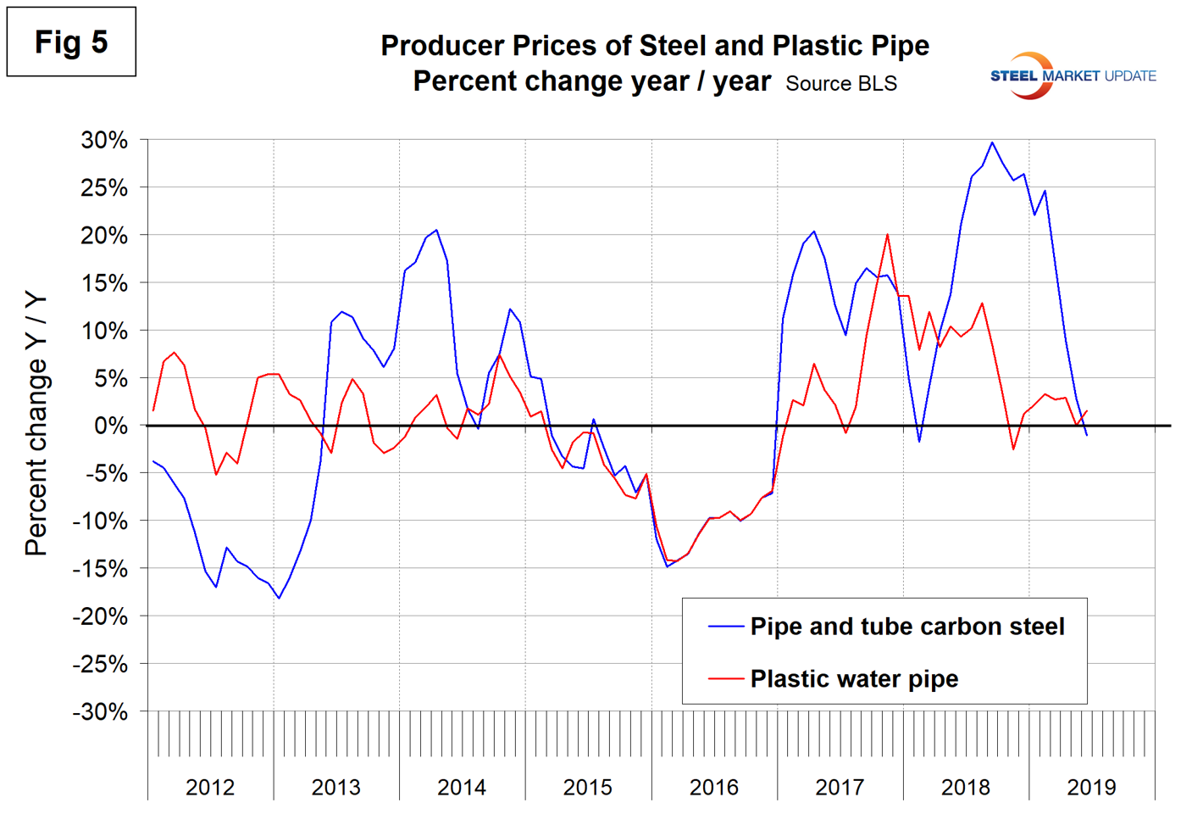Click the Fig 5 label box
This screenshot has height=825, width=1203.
click(x=71, y=42)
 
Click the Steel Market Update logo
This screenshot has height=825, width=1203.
click(x=1073, y=75)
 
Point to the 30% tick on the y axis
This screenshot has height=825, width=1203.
click(x=104, y=140)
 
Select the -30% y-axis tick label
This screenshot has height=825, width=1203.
click(x=100, y=711)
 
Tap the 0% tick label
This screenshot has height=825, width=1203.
click(x=110, y=426)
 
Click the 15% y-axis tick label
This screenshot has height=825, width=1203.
click(x=104, y=283)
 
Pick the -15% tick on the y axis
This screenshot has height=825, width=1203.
click(x=100, y=569)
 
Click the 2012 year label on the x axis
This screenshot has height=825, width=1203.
click(x=210, y=787)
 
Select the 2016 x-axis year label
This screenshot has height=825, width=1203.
click(x=713, y=787)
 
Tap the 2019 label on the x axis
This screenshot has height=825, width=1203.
click(x=1091, y=787)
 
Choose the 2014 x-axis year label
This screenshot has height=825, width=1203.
click(x=462, y=787)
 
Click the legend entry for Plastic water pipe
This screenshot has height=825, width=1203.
click(x=854, y=678)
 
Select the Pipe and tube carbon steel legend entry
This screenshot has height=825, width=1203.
click(x=906, y=627)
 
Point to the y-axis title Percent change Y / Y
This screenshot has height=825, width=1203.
click(x=36, y=424)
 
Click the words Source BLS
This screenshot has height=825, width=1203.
click(x=840, y=84)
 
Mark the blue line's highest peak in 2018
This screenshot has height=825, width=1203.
click(x=992, y=142)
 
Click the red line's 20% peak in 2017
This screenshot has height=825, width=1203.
click(x=887, y=235)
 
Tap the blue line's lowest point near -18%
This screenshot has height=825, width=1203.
click(x=279, y=599)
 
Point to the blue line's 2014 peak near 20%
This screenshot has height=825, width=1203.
click(x=436, y=230)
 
